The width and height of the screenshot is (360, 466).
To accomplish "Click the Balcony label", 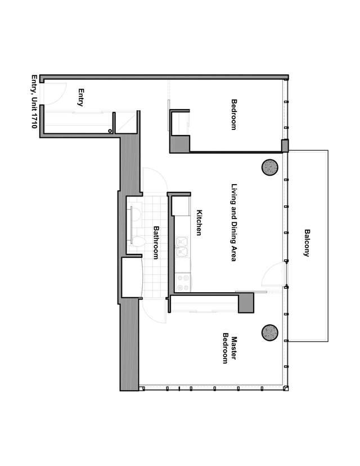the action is pos(307,243).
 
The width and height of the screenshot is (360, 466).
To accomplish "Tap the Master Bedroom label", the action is pos(229,350).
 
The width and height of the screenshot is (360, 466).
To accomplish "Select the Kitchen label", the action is pos(199,223).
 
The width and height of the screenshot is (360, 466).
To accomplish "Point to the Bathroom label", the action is pos(156,243).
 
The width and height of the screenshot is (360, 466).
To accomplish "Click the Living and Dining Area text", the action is pos(234,223).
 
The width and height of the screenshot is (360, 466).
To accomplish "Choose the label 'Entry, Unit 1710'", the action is pos(34,101).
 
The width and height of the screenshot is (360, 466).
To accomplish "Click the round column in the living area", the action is pos(269,167).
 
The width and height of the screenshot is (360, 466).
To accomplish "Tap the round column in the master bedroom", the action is pos(269,333).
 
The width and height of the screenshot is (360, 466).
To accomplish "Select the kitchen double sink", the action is pos(182,247).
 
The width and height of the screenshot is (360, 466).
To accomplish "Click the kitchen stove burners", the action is pos(183,283).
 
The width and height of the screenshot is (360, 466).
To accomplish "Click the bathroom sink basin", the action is pos(136,215).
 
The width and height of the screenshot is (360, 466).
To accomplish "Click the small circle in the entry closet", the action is pos(110,131).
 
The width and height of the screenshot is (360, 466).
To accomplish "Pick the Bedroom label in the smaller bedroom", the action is pos(234,115).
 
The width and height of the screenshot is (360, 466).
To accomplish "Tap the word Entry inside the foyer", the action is pos(80,97).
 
